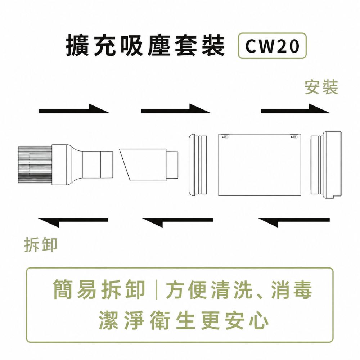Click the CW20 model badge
(272, 45)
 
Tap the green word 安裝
(321, 87)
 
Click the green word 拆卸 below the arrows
(41, 245)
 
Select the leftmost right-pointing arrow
(74, 109)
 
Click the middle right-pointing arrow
(176, 109)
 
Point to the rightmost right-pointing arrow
(295, 109)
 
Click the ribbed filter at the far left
(35, 165)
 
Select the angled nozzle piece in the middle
(149, 165)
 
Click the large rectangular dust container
(260, 165)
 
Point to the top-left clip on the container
(225, 137)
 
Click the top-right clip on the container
(294, 137)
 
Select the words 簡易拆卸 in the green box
(99, 290)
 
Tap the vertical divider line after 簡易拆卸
(157, 289)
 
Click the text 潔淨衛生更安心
(184, 320)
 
